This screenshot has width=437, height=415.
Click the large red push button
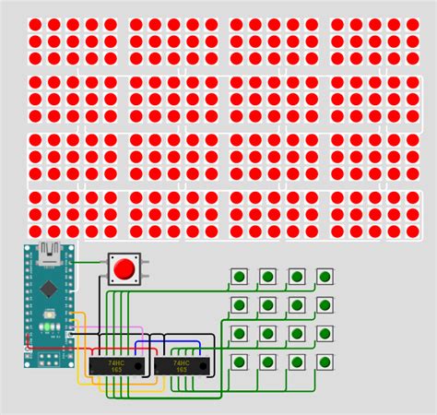pos(123,269)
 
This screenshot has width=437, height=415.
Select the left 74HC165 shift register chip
pos(118,366)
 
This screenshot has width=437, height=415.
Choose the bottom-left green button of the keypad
pos(240,361)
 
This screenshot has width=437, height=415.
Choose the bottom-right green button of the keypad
pos(325,361)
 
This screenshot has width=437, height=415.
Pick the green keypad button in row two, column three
pos(297,304)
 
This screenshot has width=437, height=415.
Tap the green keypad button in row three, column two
pos(268,333)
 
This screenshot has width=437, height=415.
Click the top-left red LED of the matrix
pos(35,24)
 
